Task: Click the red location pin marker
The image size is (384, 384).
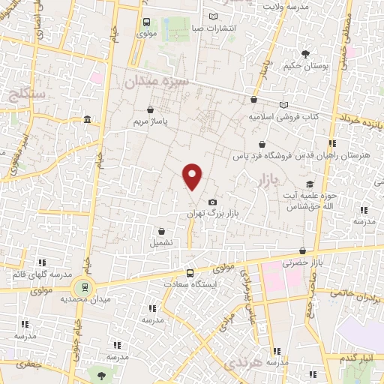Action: (x=193, y=176)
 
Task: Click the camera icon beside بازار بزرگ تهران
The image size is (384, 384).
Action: (x=212, y=202)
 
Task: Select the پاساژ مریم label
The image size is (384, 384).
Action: (x=148, y=121)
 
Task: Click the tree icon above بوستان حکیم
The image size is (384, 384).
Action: (x=305, y=53)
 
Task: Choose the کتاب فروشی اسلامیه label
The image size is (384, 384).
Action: (x=280, y=118)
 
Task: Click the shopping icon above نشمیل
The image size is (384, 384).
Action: (x=161, y=231)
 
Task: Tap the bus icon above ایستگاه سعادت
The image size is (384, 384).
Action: (x=190, y=273)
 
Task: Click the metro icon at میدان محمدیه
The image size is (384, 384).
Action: (x=83, y=286)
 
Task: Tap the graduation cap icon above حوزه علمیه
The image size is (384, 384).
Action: (x=309, y=184)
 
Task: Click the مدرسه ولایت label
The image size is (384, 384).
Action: (x=286, y=6)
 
